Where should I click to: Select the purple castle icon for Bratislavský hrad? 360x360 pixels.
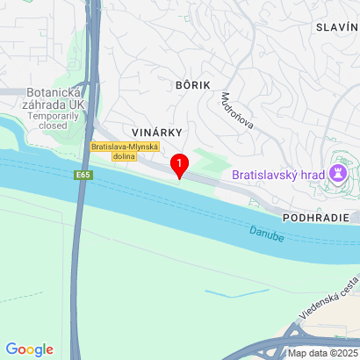[337, 172]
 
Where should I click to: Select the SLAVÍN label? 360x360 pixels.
[337, 27]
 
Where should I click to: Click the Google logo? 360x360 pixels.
[29, 349]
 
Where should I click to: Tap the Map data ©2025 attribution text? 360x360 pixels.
[320, 353]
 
